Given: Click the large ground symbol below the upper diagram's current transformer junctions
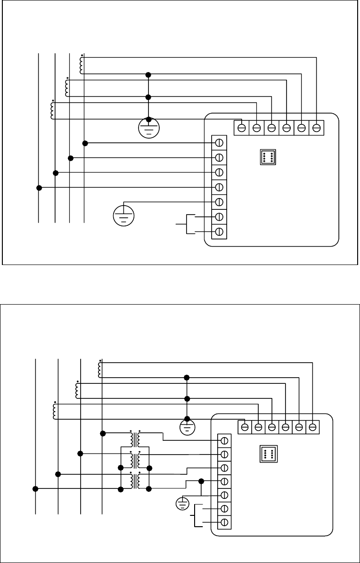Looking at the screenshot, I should pyautogui.click(x=148, y=126).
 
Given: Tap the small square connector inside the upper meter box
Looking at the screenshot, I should pyautogui.click(x=268, y=157).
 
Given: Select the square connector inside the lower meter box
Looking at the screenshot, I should pyautogui.click(x=269, y=454).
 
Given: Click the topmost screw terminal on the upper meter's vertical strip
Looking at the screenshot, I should pyautogui.click(x=219, y=142).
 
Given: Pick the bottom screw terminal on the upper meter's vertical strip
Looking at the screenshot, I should pyautogui.click(x=219, y=232).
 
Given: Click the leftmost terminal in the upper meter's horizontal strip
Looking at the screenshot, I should pyautogui.click(x=242, y=127).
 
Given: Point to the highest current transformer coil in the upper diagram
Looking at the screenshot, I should pyautogui.click(x=82, y=65).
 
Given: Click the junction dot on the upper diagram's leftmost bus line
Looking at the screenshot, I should pyautogui.click(x=39, y=188).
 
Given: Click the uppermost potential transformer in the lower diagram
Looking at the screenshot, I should pyautogui.click(x=135, y=439).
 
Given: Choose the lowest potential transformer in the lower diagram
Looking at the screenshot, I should pyautogui.click(x=135, y=481).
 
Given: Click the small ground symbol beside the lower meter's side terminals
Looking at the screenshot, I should pyautogui.click(x=182, y=504).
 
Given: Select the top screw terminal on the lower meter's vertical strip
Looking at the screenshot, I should pyautogui.click(x=225, y=440).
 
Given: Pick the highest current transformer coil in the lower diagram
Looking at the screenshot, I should pyautogui.click(x=99, y=369).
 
